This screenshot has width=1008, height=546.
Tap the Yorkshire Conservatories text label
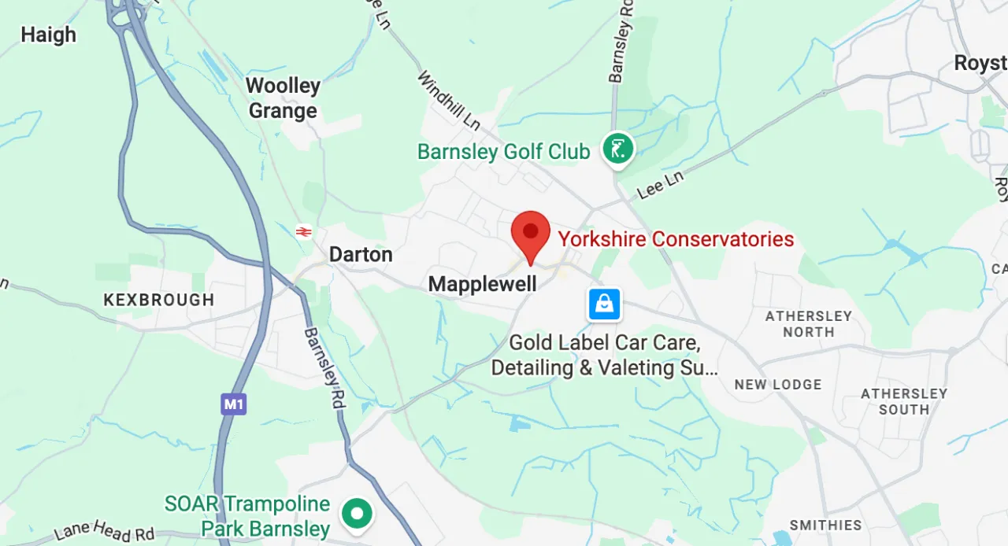pos(676,239)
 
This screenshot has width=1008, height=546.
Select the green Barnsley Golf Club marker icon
pos(618,148)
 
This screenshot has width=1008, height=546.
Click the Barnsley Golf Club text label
pos(503,152)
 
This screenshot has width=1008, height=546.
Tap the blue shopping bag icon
pos(604,304)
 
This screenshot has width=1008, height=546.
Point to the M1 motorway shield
pos(234,404)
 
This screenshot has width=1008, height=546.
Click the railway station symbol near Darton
pos(304,231)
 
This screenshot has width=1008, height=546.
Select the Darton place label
pos(360,255)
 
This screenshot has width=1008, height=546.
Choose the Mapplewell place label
pos(482,284)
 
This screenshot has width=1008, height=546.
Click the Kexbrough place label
pos(159,300)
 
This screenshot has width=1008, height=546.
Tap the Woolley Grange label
pos(283,98)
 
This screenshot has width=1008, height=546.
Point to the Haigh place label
pos(48,35)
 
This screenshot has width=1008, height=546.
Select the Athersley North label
pos(809,324)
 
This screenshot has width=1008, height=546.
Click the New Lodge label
pos(778,385)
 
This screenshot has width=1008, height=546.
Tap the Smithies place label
pos(826,525)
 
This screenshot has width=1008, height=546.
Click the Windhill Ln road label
pos(448,101)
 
